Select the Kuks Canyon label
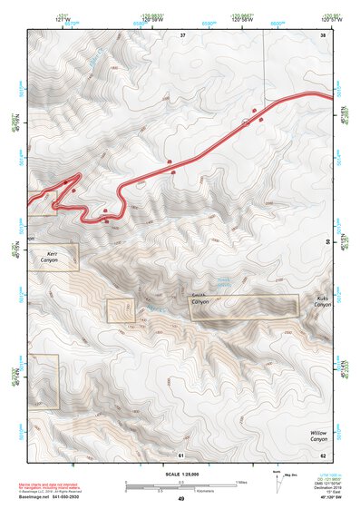pyautogui.click(x=323, y=301)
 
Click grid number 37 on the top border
pyautogui.click(x=182, y=34)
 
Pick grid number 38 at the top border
pyautogui.click(x=323, y=34)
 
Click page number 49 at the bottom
pyautogui.click(x=181, y=498)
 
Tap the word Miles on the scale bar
pyautogui.click(x=241, y=481)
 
